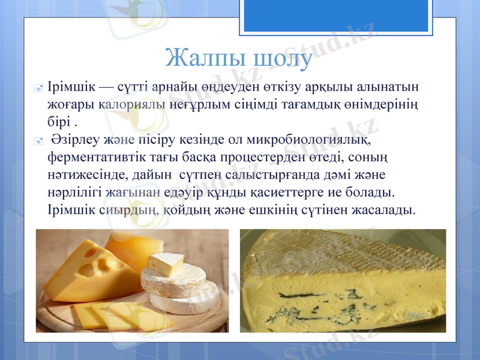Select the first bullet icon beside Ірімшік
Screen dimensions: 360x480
click(39, 88)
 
